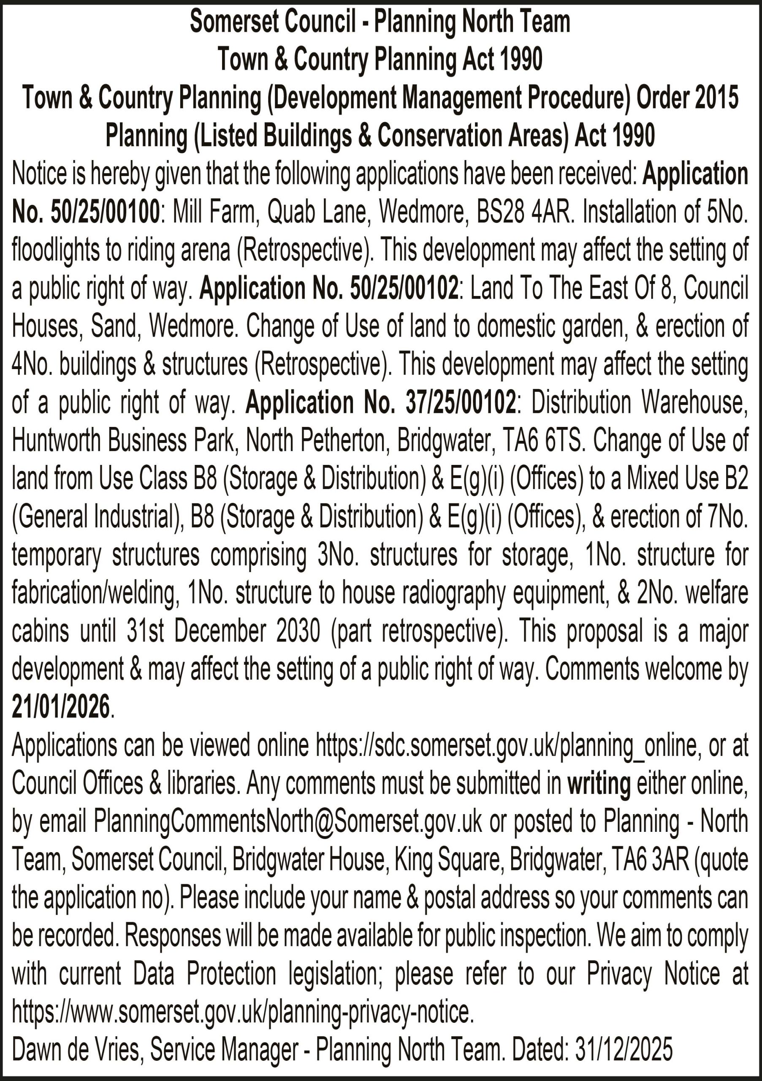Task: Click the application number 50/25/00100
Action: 105,212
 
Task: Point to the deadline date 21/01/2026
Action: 61,707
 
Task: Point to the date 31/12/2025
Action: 624,1049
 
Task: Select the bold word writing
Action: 599,783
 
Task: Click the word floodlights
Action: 55,250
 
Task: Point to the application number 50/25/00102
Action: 404,288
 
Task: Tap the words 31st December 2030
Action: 224,631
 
